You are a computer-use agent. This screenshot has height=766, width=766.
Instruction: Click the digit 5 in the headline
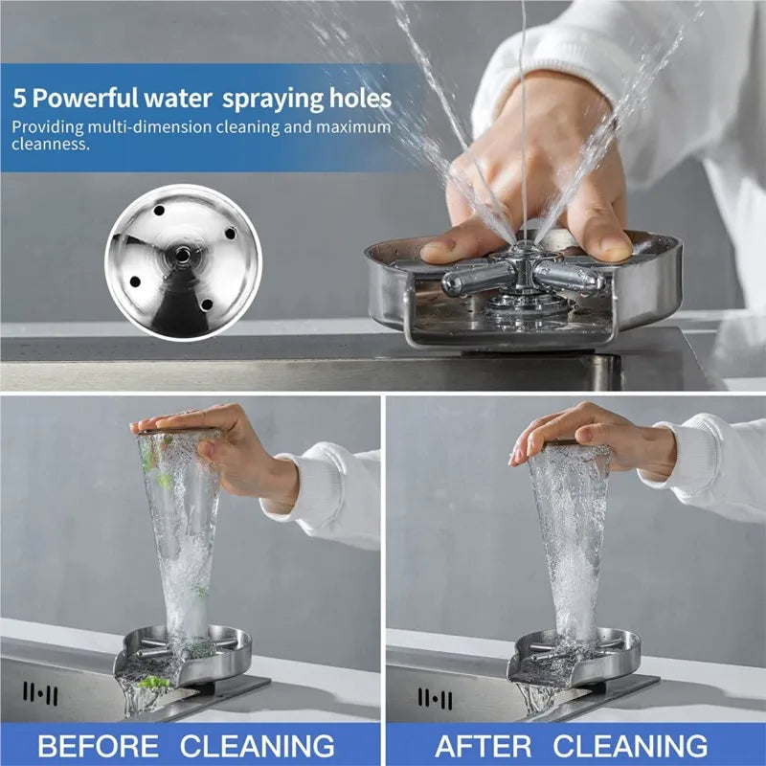point(19,99)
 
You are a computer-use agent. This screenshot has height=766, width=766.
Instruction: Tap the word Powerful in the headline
point(85,99)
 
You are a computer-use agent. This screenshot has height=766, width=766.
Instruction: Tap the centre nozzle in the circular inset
point(179,256)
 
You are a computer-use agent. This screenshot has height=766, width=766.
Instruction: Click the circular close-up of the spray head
point(182,260)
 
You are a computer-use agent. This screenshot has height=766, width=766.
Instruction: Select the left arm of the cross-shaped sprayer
point(476,280)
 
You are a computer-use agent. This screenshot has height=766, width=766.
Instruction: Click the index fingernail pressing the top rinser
point(439,250)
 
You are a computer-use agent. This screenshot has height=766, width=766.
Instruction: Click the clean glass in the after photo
point(570,536)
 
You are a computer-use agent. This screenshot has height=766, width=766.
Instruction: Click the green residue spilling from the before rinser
point(153,682)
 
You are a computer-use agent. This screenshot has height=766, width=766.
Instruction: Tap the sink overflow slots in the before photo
point(40,693)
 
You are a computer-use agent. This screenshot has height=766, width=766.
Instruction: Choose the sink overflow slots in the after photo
point(435,696)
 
